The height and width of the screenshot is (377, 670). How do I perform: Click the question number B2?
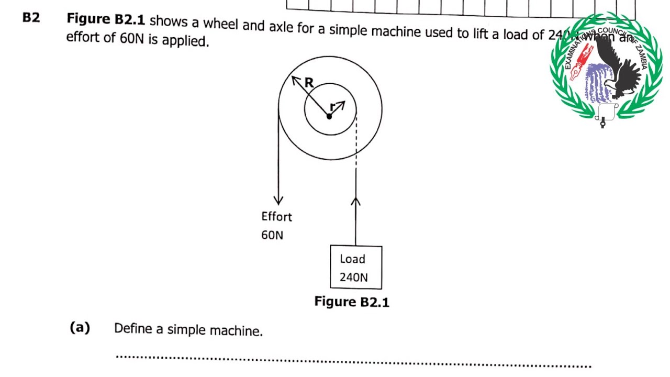coord(31,18)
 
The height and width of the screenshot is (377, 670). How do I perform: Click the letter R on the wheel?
coord(309,83)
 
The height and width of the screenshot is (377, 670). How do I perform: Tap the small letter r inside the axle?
coord(332,107)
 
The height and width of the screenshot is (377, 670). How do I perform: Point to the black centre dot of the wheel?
coord(329,116)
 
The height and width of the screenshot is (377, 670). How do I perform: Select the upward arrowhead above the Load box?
coord(356,202)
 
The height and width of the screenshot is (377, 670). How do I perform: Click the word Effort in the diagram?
coord(276,216)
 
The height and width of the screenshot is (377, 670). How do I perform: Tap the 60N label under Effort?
coord(272,235)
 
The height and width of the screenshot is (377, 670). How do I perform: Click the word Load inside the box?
coord(352,259)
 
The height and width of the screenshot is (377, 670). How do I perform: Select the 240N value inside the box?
coord(354,278)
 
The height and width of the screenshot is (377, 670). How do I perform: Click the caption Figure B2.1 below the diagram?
coord(352,302)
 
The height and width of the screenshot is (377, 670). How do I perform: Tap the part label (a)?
coord(80,328)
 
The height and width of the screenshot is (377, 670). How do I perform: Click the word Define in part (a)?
coord(132,329)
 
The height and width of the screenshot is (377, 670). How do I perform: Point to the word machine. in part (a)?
coord(236,331)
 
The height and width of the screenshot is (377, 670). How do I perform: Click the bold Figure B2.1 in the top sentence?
coord(106,20)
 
